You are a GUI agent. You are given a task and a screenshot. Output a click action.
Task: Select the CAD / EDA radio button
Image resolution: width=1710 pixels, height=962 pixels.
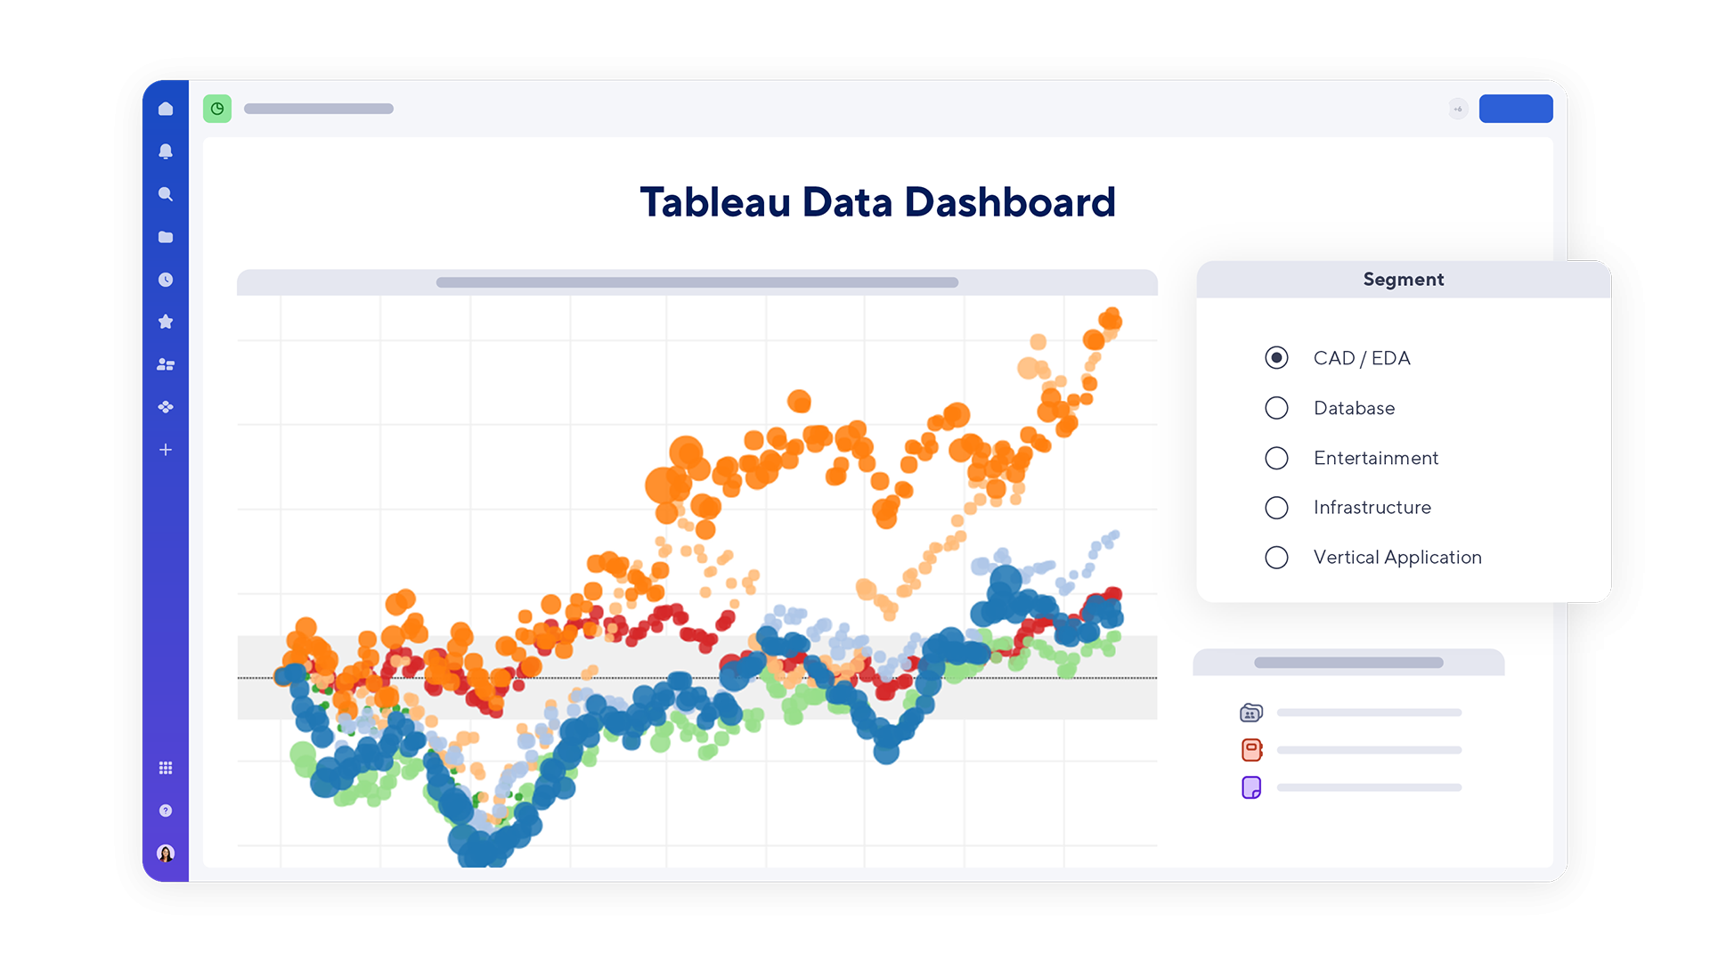click(x=1276, y=358)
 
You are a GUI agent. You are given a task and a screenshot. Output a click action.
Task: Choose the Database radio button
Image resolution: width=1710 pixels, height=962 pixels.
click(x=1276, y=408)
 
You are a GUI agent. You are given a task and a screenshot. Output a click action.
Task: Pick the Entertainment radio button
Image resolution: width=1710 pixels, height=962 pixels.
click(x=1276, y=458)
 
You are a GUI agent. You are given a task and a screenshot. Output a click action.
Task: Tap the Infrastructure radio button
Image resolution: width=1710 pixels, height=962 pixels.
click(x=1276, y=508)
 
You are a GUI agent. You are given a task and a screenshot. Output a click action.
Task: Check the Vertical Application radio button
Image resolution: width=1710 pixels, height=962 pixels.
click(x=1276, y=558)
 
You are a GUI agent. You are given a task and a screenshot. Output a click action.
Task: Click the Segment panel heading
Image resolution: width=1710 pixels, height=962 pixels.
click(x=1403, y=280)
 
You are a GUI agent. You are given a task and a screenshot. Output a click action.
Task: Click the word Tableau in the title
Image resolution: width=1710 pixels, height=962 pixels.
click(x=714, y=203)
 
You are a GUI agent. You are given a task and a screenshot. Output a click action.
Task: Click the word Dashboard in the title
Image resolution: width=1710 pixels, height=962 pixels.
click(x=1009, y=203)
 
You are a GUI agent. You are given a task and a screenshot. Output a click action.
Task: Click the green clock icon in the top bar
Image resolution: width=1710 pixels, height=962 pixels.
click(x=217, y=109)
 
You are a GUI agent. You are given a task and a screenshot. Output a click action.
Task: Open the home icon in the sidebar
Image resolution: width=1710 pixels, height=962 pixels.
click(x=166, y=109)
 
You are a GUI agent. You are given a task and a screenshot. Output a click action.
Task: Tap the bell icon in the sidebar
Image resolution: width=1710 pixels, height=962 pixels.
click(x=166, y=151)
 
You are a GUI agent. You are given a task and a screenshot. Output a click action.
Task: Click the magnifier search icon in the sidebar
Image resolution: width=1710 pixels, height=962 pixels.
click(x=166, y=194)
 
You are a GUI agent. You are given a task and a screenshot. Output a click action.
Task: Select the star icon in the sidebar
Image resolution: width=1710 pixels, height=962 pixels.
click(x=166, y=322)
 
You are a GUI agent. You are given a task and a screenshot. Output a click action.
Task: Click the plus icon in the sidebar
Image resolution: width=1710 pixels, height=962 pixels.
click(x=166, y=450)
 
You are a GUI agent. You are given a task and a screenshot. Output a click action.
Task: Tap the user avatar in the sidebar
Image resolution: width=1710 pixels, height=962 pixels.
click(x=166, y=853)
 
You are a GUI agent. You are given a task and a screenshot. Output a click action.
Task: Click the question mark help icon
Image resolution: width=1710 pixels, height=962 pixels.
click(x=166, y=811)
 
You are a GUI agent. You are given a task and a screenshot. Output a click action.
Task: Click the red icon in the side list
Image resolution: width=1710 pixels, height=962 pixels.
click(x=1251, y=750)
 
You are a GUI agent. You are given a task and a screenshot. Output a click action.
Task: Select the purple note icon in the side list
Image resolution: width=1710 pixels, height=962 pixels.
click(x=1251, y=787)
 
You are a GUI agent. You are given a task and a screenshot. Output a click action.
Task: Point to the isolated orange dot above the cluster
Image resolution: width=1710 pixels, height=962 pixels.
click(x=799, y=402)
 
